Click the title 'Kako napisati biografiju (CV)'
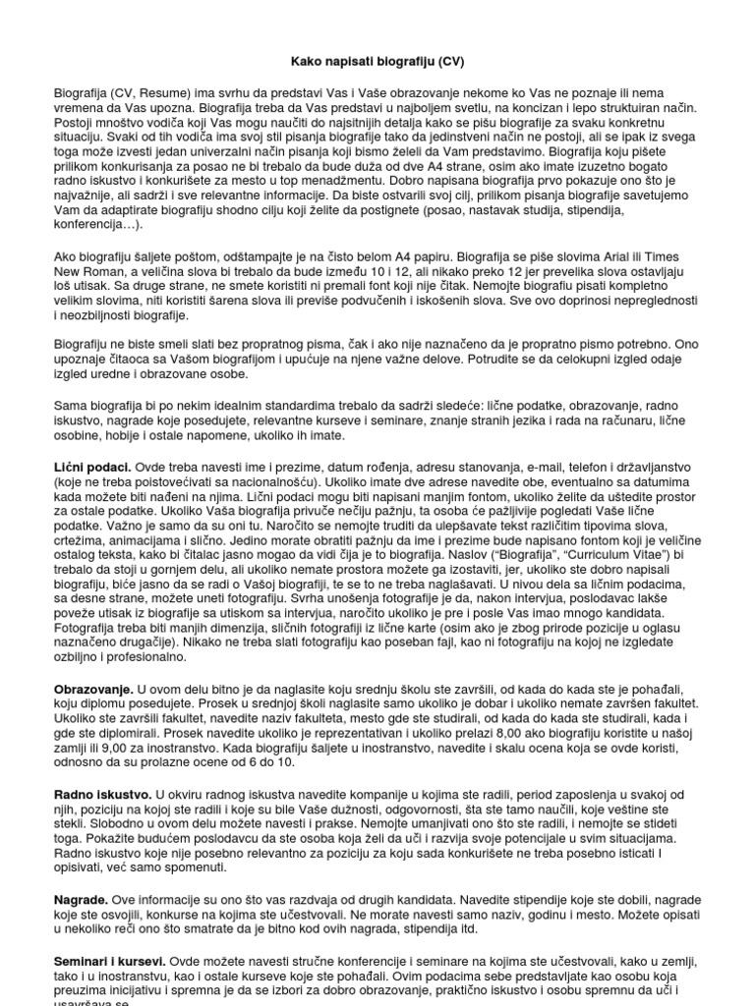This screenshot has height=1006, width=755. pyautogui.click(x=377, y=60)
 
